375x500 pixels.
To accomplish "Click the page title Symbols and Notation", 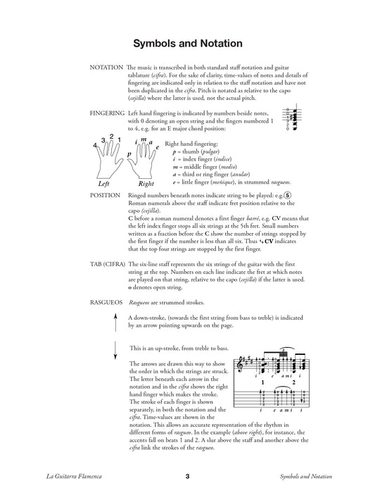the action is pyautogui.click(x=188, y=44).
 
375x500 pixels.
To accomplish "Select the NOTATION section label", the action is pyautogui.click(x=106, y=68).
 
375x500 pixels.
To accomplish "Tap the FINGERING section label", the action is pyautogui.click(x=107, y=113).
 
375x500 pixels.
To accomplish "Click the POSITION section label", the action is pyautogui.click(x=105, y=195).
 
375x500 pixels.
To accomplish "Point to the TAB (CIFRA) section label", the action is pyautogui.click(x=108, y=264).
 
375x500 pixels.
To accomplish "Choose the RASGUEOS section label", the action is pyautogui.click(x=106, y=302).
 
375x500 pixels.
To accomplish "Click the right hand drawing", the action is pyautogui.click(x=141, y=161).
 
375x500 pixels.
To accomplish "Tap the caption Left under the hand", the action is pyautogui.click(x=103, y=184).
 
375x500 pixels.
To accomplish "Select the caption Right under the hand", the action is pyautogui.click(x=146, y=184).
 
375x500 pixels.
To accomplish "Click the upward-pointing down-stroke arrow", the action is pyautogui.click(x=115, y=323).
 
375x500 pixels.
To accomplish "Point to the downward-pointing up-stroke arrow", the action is pyautogui.click(x=115, y=351).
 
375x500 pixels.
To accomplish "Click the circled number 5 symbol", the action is pyautogui.click(x=288, y=196).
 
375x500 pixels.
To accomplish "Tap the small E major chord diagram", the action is pyautogui.click(x=291, y=118).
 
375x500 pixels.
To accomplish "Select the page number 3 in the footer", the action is pyautogui.click(x=187, y=476).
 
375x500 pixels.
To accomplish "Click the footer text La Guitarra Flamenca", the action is pyautogui.click(x=74, y=476).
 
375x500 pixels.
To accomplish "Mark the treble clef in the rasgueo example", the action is pyautogui.click(x=240, y=365).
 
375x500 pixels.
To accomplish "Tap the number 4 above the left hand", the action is pyautogui.click(x=94, y=145).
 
